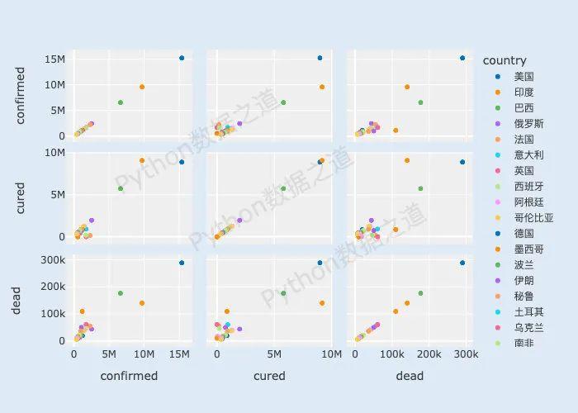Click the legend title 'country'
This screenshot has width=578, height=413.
[504, 60]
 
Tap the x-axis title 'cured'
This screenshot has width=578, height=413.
[269, 376]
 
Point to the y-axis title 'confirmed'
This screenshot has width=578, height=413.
[21, 96]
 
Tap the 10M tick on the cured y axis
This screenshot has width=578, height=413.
[54, 153]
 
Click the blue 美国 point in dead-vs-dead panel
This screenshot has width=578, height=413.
[462, 263]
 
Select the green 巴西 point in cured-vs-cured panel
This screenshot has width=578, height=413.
[283, 188]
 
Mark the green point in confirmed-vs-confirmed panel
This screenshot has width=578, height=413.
[121, 102]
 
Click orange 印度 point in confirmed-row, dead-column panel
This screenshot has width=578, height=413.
[407, 87]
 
